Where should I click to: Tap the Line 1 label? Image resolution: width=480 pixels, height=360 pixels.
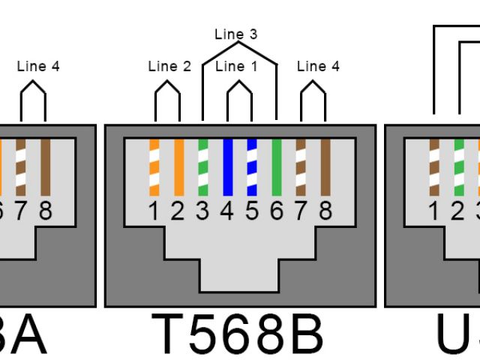[x=236, y=67]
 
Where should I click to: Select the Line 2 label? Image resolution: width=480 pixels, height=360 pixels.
[x=169, y=67]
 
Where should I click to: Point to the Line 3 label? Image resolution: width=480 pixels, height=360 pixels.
[x=236, y=34]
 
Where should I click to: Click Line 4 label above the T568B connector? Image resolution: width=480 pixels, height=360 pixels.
[x=318, y=67]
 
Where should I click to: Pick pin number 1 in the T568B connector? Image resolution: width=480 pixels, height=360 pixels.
[x=154, y=212]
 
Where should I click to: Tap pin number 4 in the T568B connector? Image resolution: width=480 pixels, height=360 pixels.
[x=227, y=212]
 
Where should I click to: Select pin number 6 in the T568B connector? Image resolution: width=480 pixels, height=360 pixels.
[x=276, y=212]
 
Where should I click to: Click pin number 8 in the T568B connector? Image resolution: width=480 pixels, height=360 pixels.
[x=325, y=212]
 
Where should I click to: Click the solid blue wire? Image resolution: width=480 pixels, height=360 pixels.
[x=227, y=167]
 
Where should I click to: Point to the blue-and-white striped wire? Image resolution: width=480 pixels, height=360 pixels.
[x=252, y=167]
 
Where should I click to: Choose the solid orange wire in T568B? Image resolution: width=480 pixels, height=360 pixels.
[x=178, y=167]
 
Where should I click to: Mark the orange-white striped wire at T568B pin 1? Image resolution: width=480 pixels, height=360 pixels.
[x=154, y=167]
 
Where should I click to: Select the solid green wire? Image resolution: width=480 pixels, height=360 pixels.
[x=276, y=167]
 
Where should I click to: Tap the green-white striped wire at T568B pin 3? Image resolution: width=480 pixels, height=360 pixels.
[x=202, y=167]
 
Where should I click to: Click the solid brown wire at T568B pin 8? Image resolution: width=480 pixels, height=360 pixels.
[x=325, y=167]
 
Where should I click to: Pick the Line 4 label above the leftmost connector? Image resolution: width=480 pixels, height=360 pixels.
[x=38, y=67]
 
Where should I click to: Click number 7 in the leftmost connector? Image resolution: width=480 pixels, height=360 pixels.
[x=20, y=212]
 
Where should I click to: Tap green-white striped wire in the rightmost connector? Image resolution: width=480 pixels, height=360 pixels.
[x=458, y=167]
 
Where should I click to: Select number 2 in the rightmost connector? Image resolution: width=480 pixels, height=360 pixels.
[x=458, y=212]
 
